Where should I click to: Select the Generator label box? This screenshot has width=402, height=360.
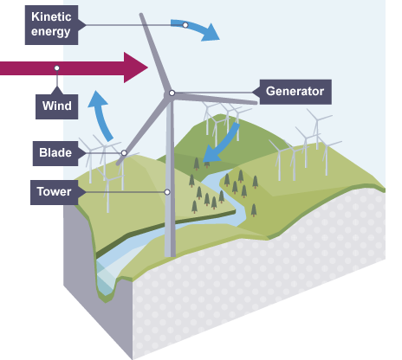tap(295, 91)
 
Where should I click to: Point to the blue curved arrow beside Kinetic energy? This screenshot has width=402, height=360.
tap(204, 29)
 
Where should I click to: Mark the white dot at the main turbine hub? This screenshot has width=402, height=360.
tap(172, 93)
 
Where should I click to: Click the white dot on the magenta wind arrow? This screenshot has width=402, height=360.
tap(57, 67)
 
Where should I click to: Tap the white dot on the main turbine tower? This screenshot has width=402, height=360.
tap(167, 191)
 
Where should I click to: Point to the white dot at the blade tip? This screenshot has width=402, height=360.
tap(125, 153)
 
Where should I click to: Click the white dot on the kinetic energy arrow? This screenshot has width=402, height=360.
tap(185, 24)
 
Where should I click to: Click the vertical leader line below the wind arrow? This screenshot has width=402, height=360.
tap(57, 84)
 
